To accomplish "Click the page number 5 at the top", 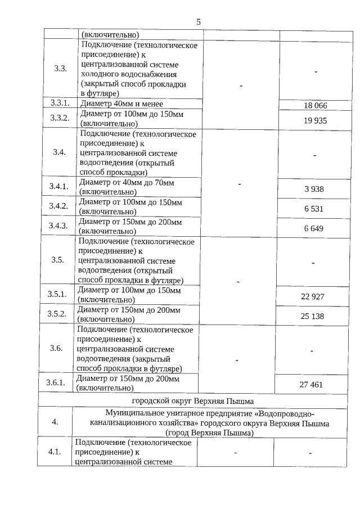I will pyautogui.click(x=199, y=22).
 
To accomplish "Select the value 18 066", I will pyautogui.click(x=314, y=105).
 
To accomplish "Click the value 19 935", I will pyautogui.click(x=314, y=120).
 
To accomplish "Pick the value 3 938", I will pyautogui.click(x=314, y=189).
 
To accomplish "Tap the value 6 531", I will pyautogui.click(x=314, y=209).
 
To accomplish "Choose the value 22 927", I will pyautogui.click(x=312, y=296).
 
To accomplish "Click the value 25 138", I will pyautogui.click(x=312, y=316).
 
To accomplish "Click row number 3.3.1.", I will pyautogui.click(x=60, y=103).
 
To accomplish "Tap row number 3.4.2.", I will pyautogui.click(x=58, y=206).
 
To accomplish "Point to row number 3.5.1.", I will pyautogui.click(x=57, y=294).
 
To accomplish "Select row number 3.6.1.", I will pyautogui.click(x=56, y=383).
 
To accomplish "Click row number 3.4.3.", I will pyautogui.click(x=58, y=226).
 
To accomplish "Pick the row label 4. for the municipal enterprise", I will pyautogui.click(x=55, y=422).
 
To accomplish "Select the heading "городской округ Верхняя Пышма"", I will pyautogui.click(x=193, y=401).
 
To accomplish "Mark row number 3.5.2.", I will pyautogui.click(x=57, y=313).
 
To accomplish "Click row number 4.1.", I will pyautogui.click(x=55, y=452).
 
